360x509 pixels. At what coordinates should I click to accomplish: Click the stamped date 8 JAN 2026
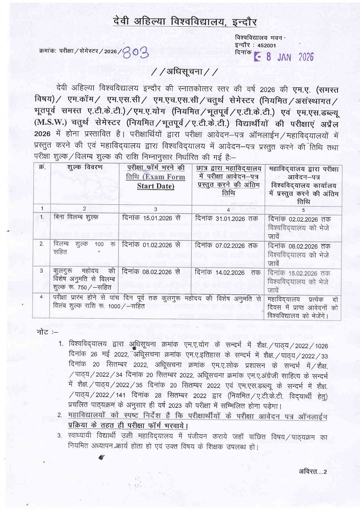tap(284, 57)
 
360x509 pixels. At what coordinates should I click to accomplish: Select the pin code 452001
tap(266, 45)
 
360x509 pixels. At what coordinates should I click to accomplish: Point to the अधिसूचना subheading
tap(185, 72)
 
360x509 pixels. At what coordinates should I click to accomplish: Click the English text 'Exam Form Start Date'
tap(155, 182)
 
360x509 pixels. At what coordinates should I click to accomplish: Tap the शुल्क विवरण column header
tap(85, 167)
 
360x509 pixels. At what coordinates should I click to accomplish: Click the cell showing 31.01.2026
tap(226, 218)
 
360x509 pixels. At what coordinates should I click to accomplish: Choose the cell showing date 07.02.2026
tap(226, 246)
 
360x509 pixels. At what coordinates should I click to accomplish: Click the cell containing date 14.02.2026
tap(227, 273)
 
